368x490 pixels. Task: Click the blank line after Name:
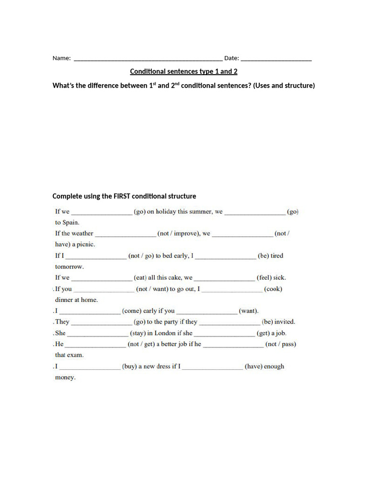click(148, 59)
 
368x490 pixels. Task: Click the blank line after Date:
click(276, 59)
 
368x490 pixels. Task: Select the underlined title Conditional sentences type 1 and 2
click(184, 72)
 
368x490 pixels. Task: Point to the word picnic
click(83, 245)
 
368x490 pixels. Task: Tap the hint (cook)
click(273, 289)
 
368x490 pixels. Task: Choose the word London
click(165, 333)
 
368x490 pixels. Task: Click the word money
click(65, 378)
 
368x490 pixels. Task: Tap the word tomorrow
click(69, 267)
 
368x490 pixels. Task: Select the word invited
click(285, 322)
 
